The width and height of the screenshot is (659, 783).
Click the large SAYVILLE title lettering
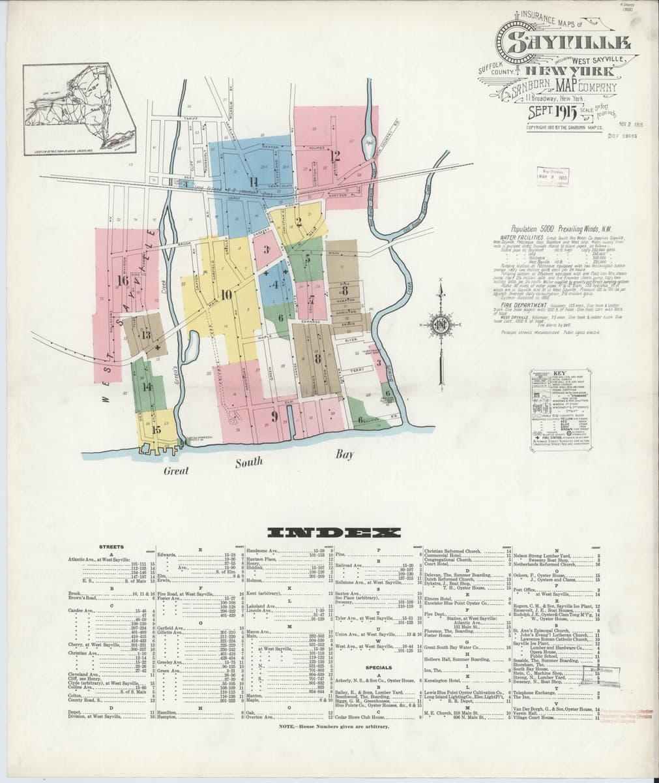pyautogui.click(x=564, y=44)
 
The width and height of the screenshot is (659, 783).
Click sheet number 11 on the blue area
pyautogui.click(x=254, y=181)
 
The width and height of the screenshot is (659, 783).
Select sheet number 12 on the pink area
pyautogui.click(x=335, y=155)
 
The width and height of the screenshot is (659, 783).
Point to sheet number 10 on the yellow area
pyautogui.click(x=226, y=294)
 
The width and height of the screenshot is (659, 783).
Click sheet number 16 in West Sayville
pyautogui.click(x=123, y=281)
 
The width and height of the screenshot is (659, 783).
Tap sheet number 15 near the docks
pyautogui.click(x=156, y=429)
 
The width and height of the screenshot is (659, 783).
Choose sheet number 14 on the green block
pyautogui.click(x=147, y=386)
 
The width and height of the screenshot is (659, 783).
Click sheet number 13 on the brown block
pyautogui.click(x=146, y=335)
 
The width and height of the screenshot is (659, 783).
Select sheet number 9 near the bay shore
pyautogui.click(x=274, y=416)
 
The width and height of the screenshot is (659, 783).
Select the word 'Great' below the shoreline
pyautogui.click(x=176, y=470)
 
